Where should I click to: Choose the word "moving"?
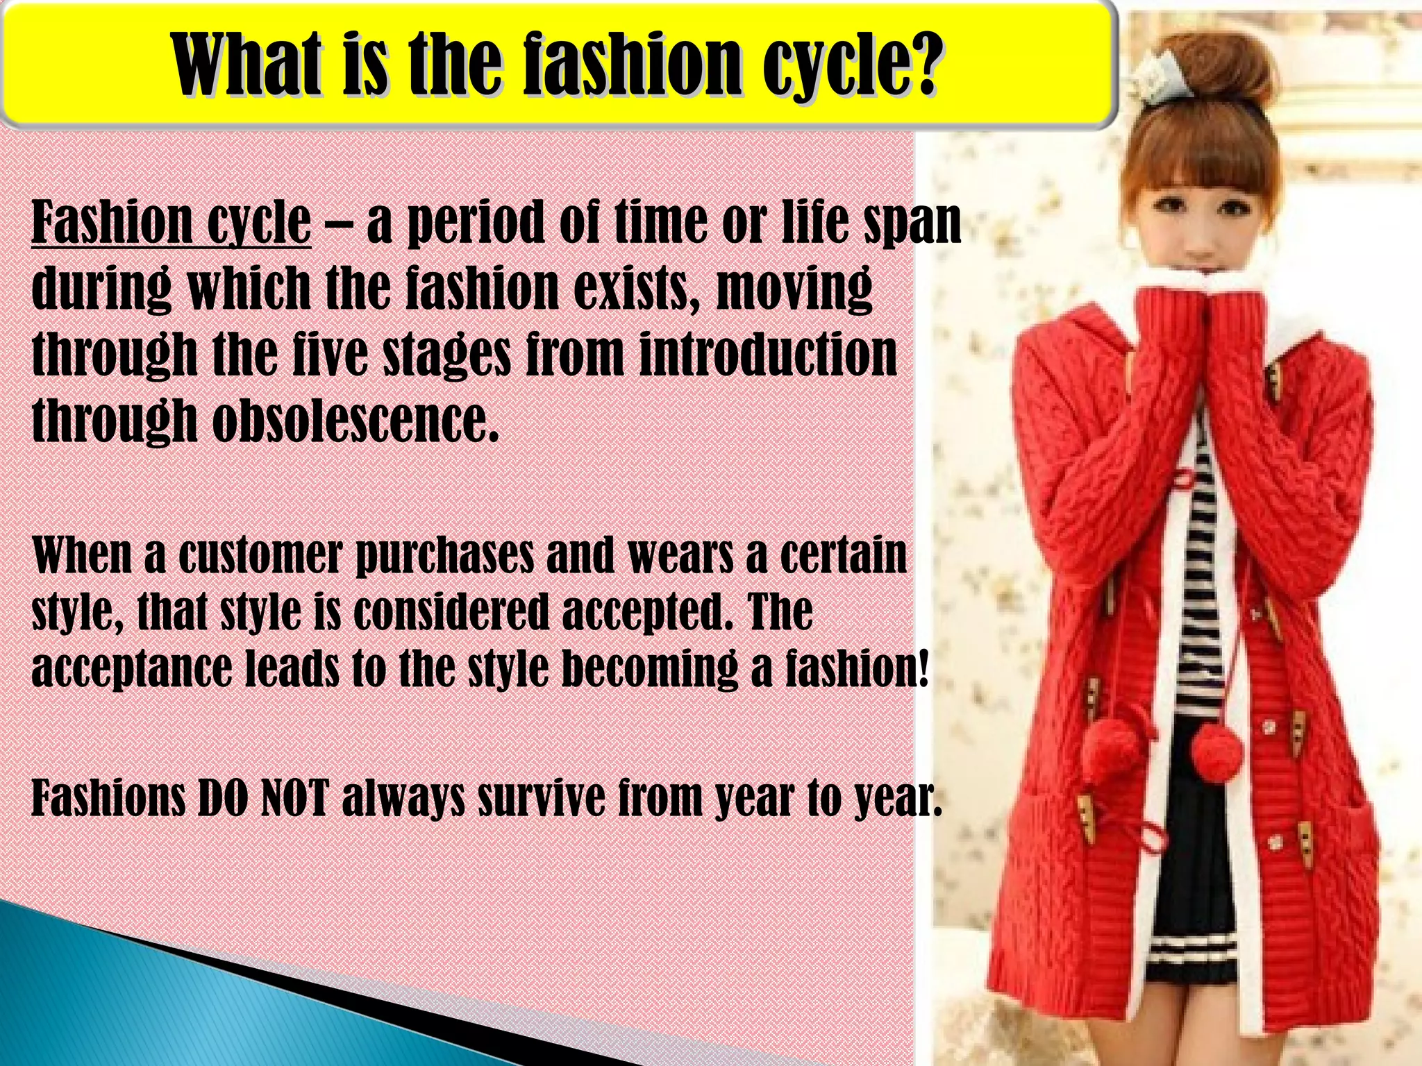point(794,289)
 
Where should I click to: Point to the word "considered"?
point(451,611)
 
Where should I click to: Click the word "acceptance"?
point(132,670)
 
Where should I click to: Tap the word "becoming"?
point(650,670)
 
